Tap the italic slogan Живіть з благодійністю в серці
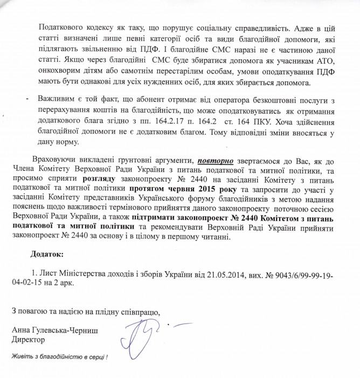[x=60, y=357]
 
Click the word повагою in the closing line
[x=31, y=312]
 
